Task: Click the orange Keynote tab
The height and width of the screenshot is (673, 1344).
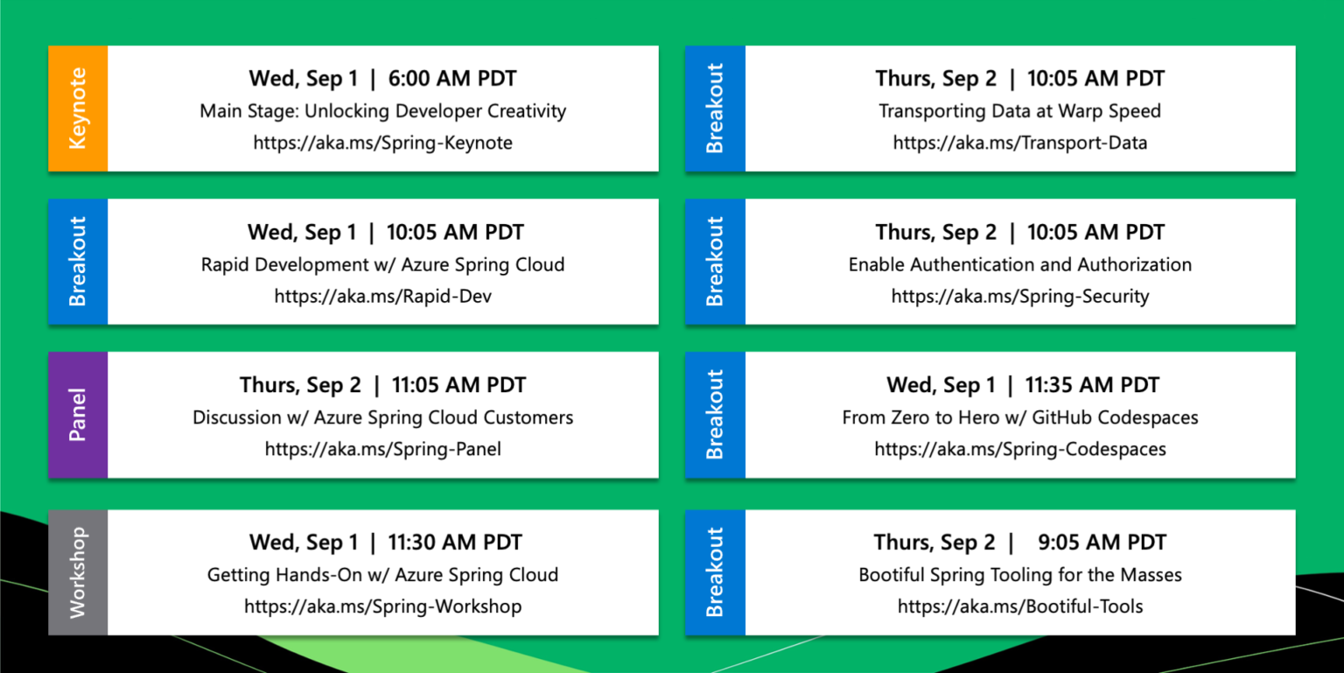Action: click(x=78, y=109)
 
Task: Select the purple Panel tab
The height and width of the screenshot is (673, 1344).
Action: click(x=78, y=415)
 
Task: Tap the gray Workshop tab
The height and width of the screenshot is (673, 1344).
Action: click(x=78, y=572)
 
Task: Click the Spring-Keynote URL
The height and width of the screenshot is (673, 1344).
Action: click(x=382, y=143)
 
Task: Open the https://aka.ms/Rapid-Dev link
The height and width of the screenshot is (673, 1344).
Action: click(x=382, y=297)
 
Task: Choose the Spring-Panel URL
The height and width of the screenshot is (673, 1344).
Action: click(x=382, y=450)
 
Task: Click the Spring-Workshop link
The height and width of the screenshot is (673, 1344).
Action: click(x=382, y=606)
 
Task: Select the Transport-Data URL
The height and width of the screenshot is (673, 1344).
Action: click(x=1019, y=143)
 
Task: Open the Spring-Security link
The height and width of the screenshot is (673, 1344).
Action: click(x=1019, y=297)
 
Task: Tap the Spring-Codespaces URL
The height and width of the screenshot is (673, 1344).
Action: click(x=1019, y=450)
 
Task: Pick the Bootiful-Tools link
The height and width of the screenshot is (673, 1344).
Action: click(x=1019, y=606)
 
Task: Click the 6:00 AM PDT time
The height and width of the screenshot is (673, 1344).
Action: click(x=452, y=79)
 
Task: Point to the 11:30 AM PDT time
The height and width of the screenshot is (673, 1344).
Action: click(x=454, y=543)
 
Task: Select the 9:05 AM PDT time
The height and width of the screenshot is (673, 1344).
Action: click(x=1102, y=543)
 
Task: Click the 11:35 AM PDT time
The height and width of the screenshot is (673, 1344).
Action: click(x=1092, y=385)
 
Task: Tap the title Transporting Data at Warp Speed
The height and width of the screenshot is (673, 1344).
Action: click(x=1019, y=111)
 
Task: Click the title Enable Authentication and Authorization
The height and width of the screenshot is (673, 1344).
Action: click(x=1019, y=264)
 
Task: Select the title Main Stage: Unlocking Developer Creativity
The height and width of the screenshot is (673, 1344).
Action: click(x=382, y=111)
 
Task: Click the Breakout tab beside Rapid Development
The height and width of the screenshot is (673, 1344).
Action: click(x=78, y=262)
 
